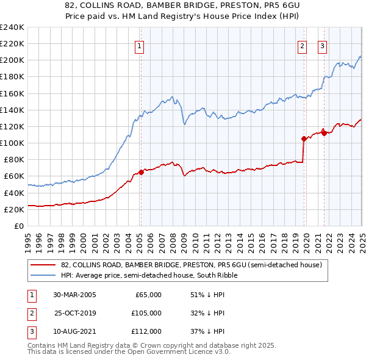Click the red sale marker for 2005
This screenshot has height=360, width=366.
click(141, 172)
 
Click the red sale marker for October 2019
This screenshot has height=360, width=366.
click(303, 139)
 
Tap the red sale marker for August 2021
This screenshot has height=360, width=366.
click(324, 134)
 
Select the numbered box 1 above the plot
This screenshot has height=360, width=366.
click(140, 45)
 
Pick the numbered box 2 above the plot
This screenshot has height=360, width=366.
click(302, 45)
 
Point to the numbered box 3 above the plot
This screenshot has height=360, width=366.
click(322, 45)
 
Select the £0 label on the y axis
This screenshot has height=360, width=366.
click(20, 226)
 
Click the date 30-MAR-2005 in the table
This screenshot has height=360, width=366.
click(74, 295)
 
